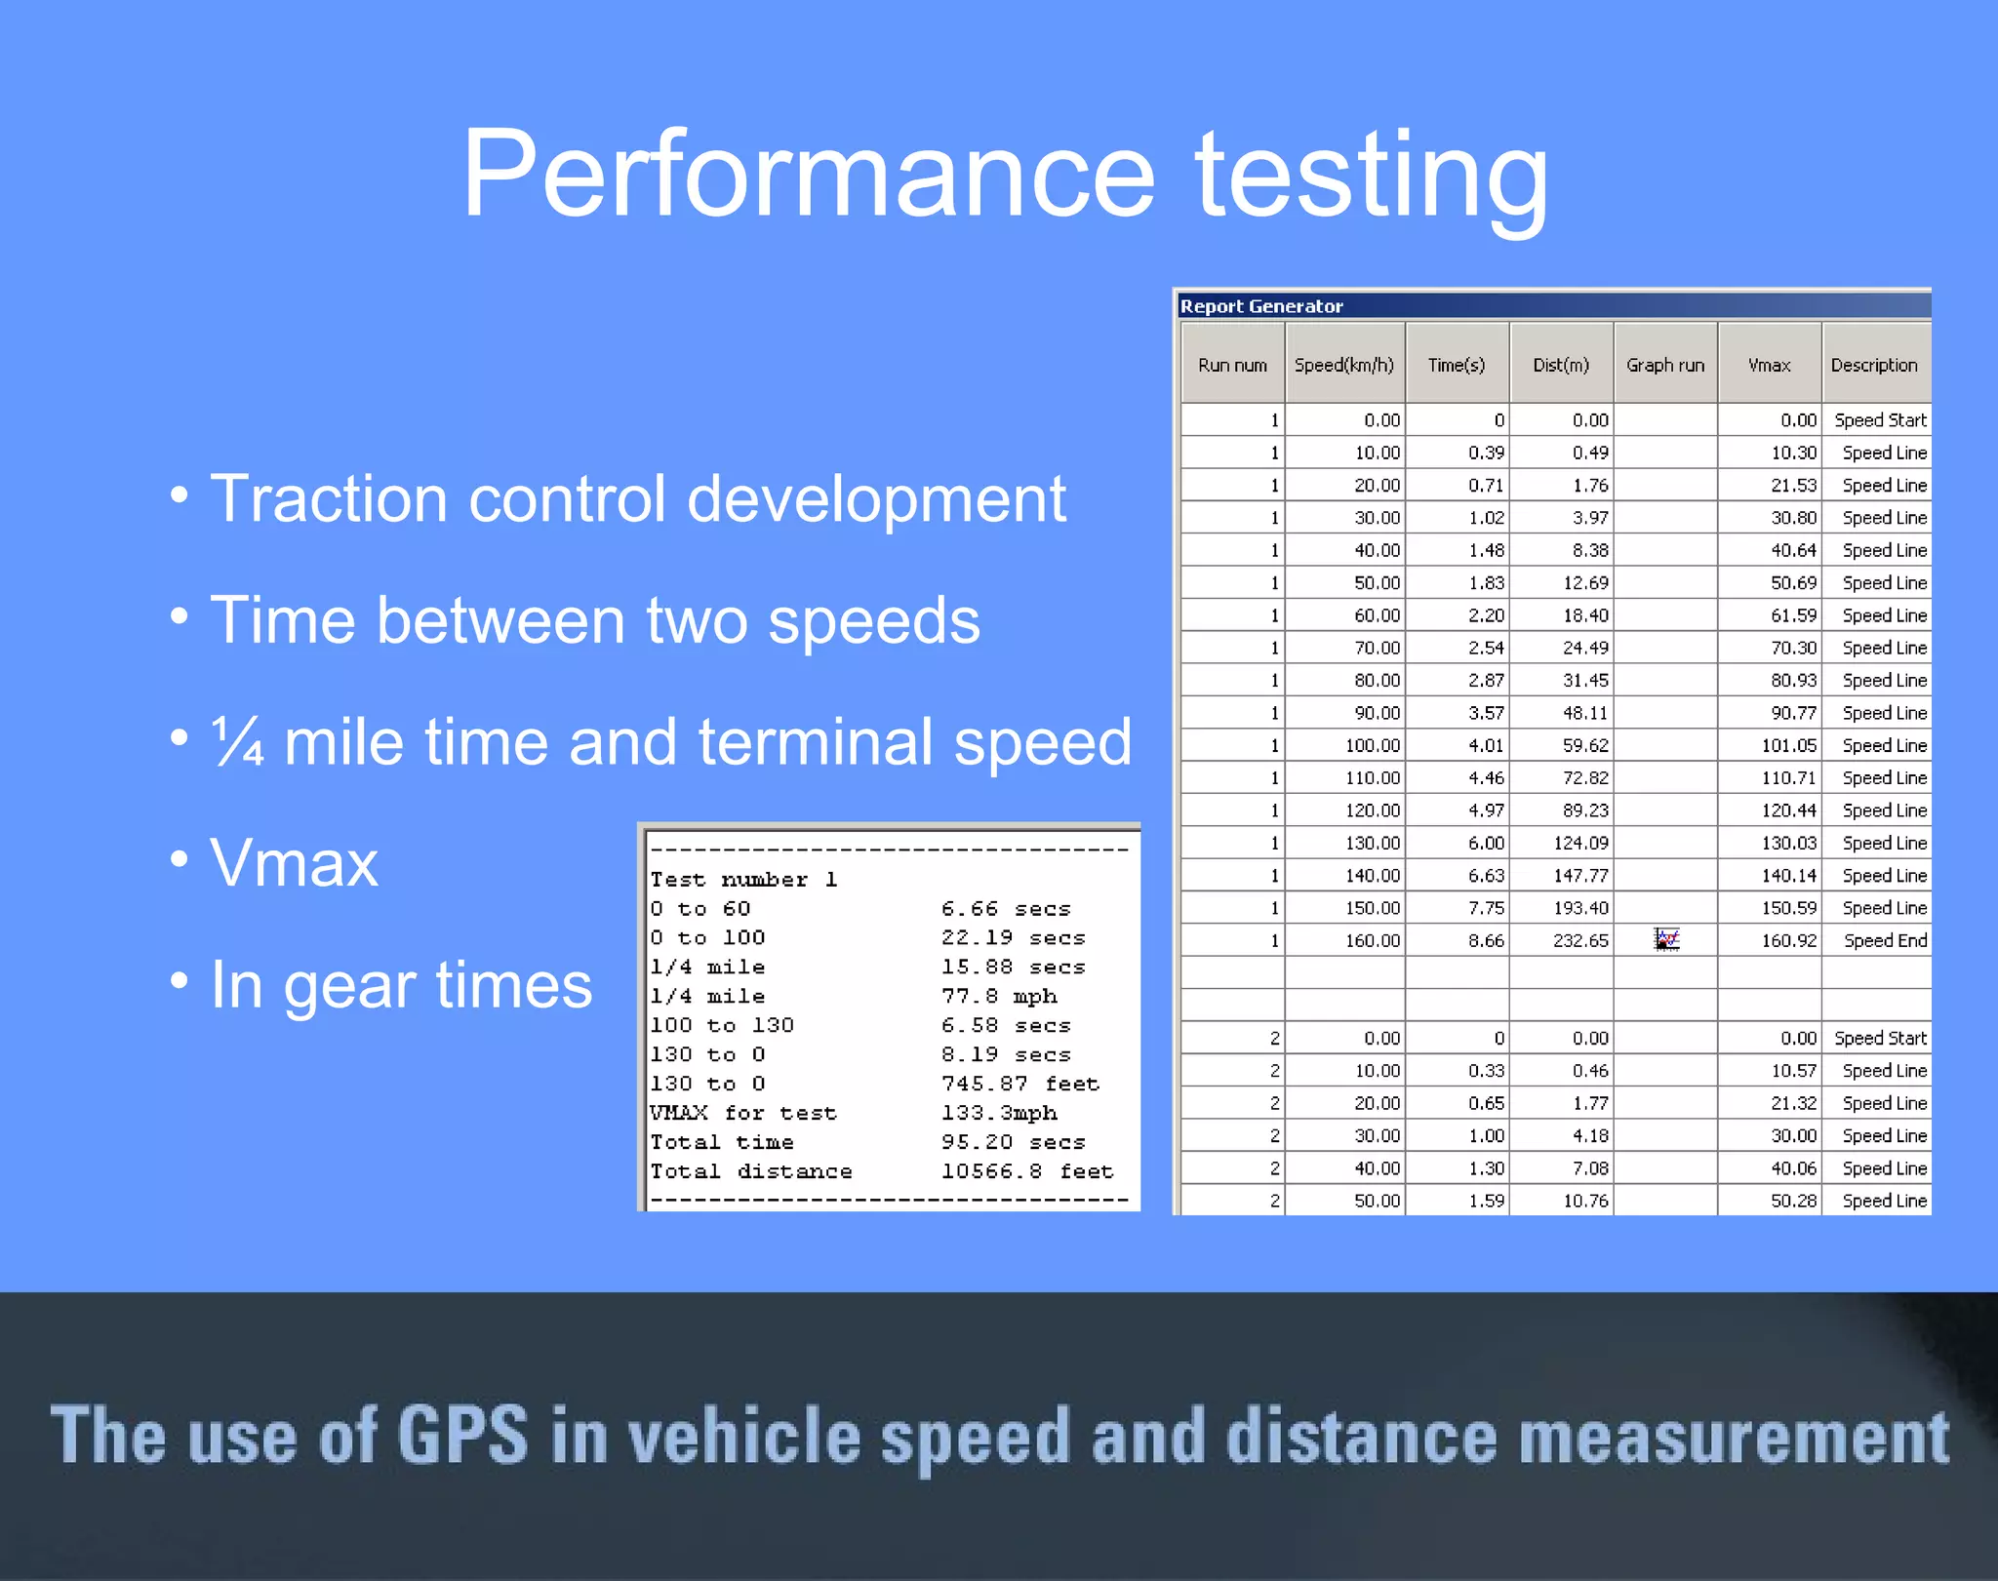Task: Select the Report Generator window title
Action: pos(1261,306)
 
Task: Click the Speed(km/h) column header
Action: pos(1343,365)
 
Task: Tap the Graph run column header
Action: pos(1664,365)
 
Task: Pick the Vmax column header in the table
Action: pos(1769,365)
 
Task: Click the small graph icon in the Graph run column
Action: pos(1666,939)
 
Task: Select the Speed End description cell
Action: pos(1884,940)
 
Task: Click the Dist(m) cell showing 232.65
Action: pos(1580,940)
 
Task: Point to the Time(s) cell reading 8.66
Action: pos(1486,940)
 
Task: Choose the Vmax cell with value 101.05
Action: pos(1788,745)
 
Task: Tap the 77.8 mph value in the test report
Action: pos(998,996)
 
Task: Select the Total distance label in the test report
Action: pos(751,1170)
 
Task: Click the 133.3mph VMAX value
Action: pos(998,1113)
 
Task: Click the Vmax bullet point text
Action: pos(294,863)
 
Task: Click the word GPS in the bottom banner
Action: pos(462,1436)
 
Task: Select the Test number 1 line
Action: pos(743,879)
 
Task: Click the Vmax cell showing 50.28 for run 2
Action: pos(1793,1201)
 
